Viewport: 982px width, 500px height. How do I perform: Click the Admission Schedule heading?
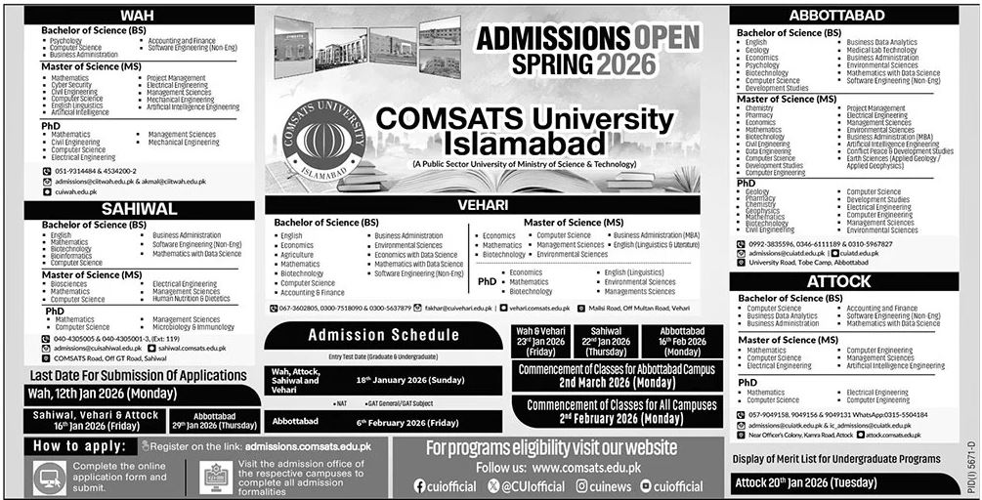coord(383,335)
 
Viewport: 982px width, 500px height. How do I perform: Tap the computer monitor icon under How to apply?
coord(49,476)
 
